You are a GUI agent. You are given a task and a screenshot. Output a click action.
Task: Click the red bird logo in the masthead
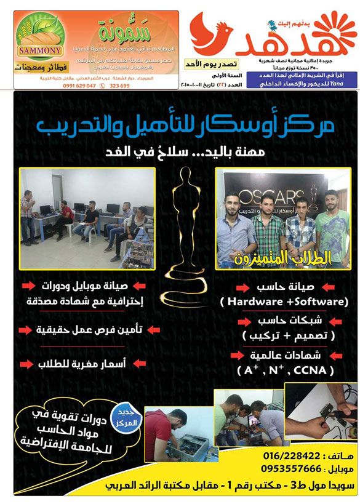pos(211,36)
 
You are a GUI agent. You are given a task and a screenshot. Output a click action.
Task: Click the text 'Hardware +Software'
pos(284,302)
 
